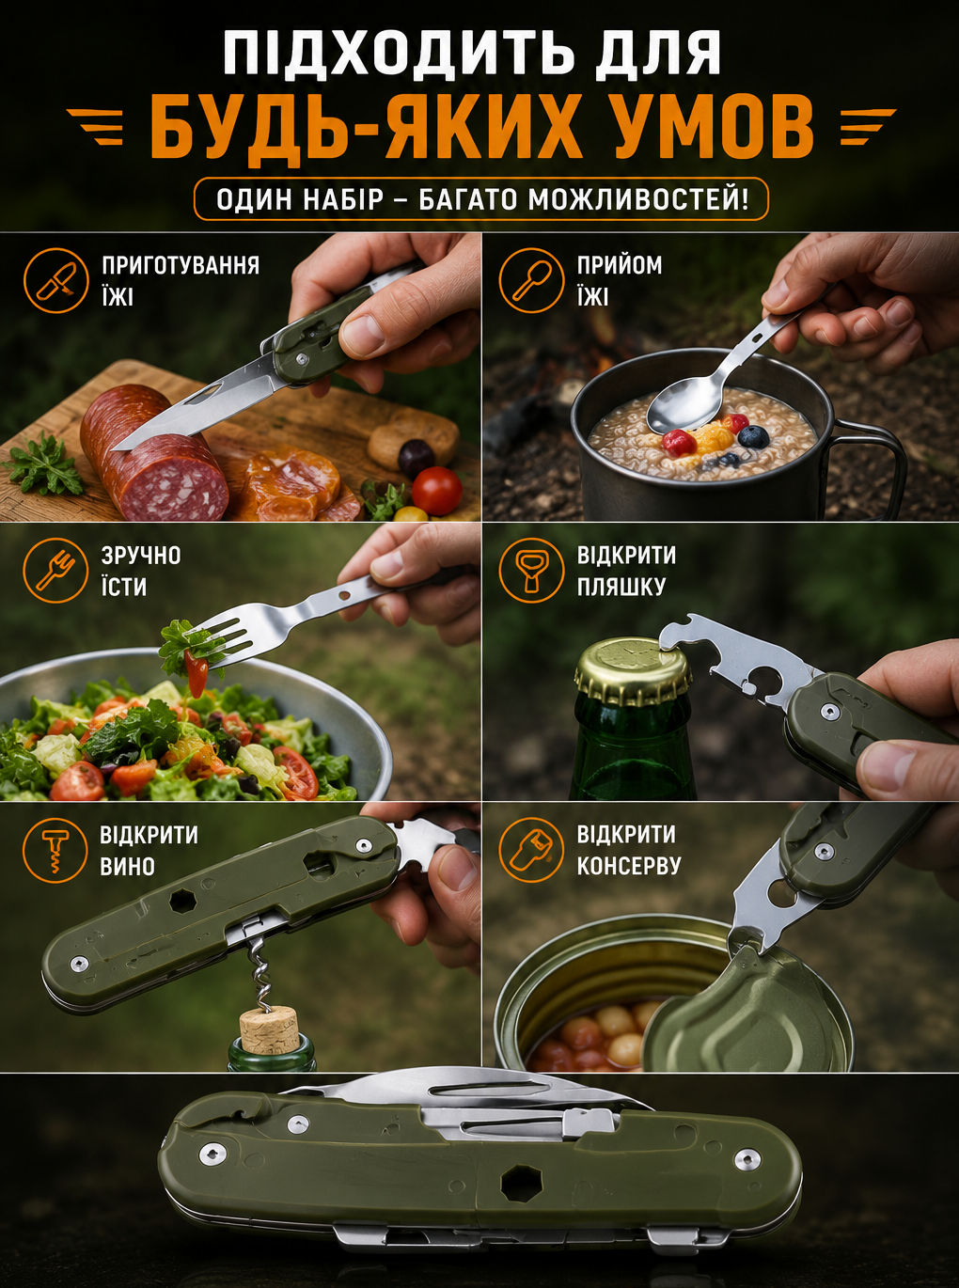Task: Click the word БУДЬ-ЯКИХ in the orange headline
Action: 365,130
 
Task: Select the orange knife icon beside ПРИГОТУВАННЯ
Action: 56,281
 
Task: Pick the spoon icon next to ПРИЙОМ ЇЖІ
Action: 531,281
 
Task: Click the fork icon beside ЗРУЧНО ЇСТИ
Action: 55,571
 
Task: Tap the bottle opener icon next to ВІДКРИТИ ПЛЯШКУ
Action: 531,571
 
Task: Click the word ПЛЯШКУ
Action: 621,587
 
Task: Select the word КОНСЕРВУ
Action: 629,867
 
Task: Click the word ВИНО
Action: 128,867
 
